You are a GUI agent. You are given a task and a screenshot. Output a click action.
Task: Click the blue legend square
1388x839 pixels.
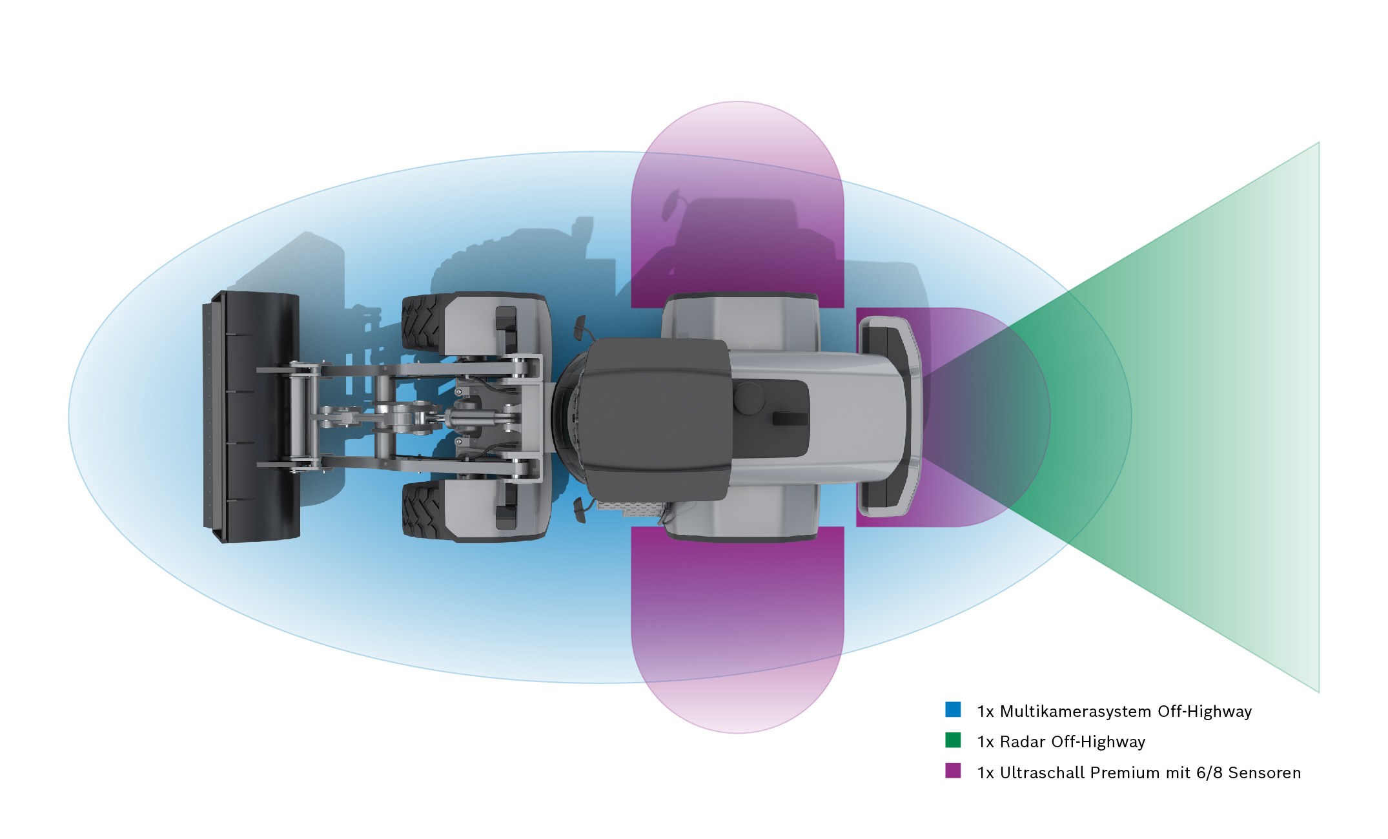(953, 709)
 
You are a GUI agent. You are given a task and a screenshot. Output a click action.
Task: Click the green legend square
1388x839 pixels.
(953, 740)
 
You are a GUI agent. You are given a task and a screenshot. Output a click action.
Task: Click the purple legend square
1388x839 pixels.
(953, 771)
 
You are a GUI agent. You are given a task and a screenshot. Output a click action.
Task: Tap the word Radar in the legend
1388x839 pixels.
(1023, 741)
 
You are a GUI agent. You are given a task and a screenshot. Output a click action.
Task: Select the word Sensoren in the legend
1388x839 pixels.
(1264, 772)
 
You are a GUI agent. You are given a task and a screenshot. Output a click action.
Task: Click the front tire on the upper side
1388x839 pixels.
(423, 323)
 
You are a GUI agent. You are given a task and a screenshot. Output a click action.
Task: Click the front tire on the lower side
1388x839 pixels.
(423, 510)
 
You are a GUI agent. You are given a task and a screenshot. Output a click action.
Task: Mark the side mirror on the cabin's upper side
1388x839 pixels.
(580, 327)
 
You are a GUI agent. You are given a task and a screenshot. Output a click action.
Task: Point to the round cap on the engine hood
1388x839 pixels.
(749, 398)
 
